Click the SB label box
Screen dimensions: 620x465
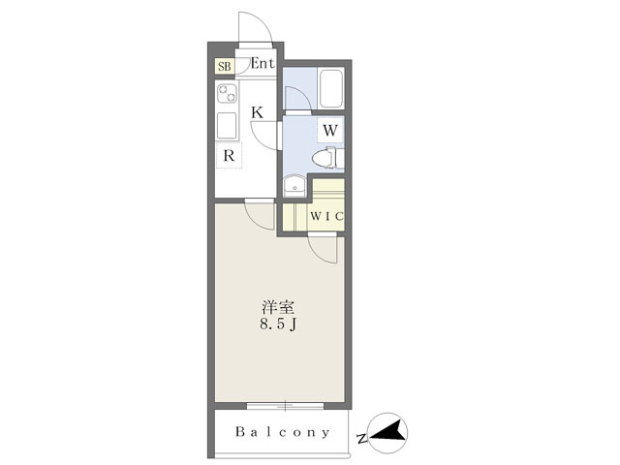click(x=225, y=66)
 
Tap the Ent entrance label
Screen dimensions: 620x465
click(x=263, y=63)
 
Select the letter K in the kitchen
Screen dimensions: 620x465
click(x=258, y=112)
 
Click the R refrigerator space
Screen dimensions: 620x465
click(x=229, y=155)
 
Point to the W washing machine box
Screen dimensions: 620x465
click(x=330, y=130)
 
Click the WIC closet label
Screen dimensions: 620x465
click(x=326, y=216)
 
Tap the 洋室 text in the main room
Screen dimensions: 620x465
click(x=278, y=308)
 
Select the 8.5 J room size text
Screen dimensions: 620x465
click(x=278, y=325)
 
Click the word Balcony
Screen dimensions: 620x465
click(x=282, y=432)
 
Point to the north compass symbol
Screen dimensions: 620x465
click(x=387, y=433)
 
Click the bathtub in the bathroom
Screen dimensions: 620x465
click(x=330, y=88)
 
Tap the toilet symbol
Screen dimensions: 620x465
click(x=327, y=158)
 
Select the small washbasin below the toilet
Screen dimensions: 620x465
click(x=294, y=185)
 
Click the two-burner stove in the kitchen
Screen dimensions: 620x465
click(x=227, y=94)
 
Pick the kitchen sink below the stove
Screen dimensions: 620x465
click(x=227, y=125)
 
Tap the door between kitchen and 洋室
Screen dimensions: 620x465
click(x=260, y=215)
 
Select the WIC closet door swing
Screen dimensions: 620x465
click(x=323, y=249)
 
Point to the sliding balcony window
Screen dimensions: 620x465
click(x=285, y=406)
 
